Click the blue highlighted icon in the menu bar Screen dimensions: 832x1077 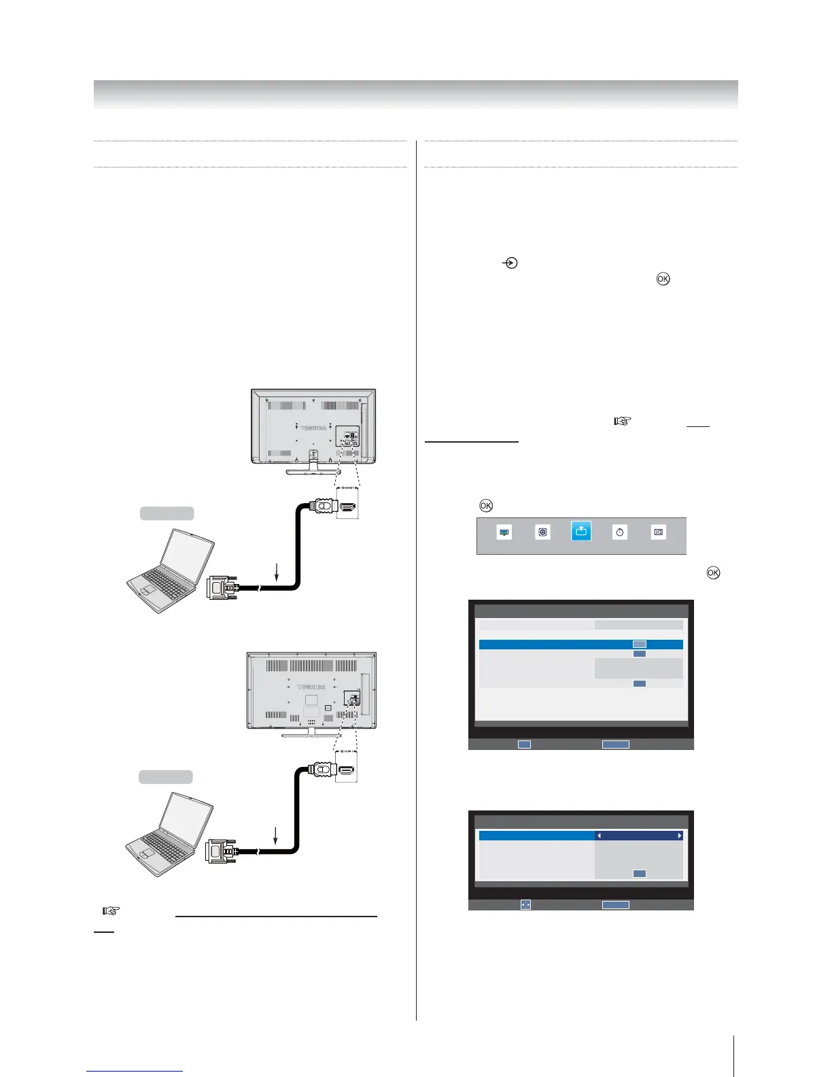click(581, 532)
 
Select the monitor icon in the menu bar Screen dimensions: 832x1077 click(504, 532)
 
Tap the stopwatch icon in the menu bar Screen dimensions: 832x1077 click(619, 532)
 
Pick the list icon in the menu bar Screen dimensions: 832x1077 click(658, 532)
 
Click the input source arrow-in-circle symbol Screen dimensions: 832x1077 click(509, 262)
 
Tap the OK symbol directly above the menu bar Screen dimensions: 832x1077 click(486, 505)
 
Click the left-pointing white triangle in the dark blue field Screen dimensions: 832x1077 click(600, 836)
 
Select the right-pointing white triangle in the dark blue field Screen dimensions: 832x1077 click(679, 836)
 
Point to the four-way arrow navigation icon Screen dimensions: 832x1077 click(525, 905)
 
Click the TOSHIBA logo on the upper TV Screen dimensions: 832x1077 click(313, 428)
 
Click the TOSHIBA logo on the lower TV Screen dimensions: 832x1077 click(311, 687)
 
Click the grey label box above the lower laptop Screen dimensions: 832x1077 click(166, 776)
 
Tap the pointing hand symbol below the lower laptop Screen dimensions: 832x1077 click(110, 910)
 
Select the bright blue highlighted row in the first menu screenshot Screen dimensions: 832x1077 click(580, 644)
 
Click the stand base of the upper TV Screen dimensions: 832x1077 click(313, 471)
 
